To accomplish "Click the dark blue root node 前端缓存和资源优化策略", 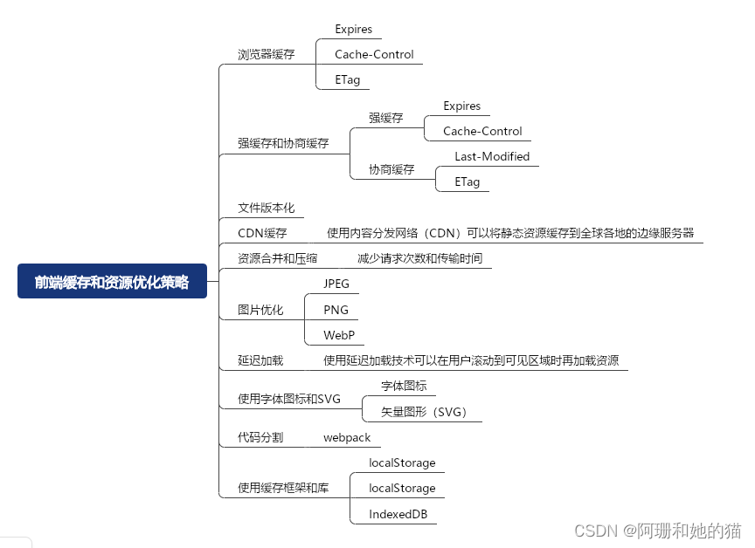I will pyautogui.click(x=112, y=282).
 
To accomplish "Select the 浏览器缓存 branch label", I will pyautogui.click(x=267, y=54).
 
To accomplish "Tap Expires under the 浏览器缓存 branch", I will pyautogui.click(x=353, y=29).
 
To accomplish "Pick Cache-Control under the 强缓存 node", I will pyautogui.click(x=482, y=131).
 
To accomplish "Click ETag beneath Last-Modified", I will pyautogui.click(x=467, y=182).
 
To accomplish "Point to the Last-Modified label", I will pyautogui.click(x=491, y=156).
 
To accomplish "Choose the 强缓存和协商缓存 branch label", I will pyautogui.click(x=283, y=143).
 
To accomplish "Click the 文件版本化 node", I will pyautogui.click(x=267, y=208).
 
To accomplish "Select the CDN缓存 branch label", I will pyautogui.click(x=262, y=233).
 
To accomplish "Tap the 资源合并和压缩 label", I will pyautogui.click(x=278, y=258).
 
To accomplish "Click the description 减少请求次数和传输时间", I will pyautogui.click(x=419, y=258).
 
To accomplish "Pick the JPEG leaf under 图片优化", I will pyautogui.click(x=336, y=284).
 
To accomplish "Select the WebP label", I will pyautogui.click(x=338, y=335).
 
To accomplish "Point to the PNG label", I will pyautogui.click(x=336, y=309).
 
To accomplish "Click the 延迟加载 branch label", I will pyautogui.click(x=260, y=360).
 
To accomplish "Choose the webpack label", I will pyautogui.click(x=347, y=437).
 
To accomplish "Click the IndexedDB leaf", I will pyautogui.click(x=398, y=514).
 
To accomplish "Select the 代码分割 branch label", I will pyautogui.click(x=260, y=437).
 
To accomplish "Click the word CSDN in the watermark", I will pyautogui.click(x=596, y=530).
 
